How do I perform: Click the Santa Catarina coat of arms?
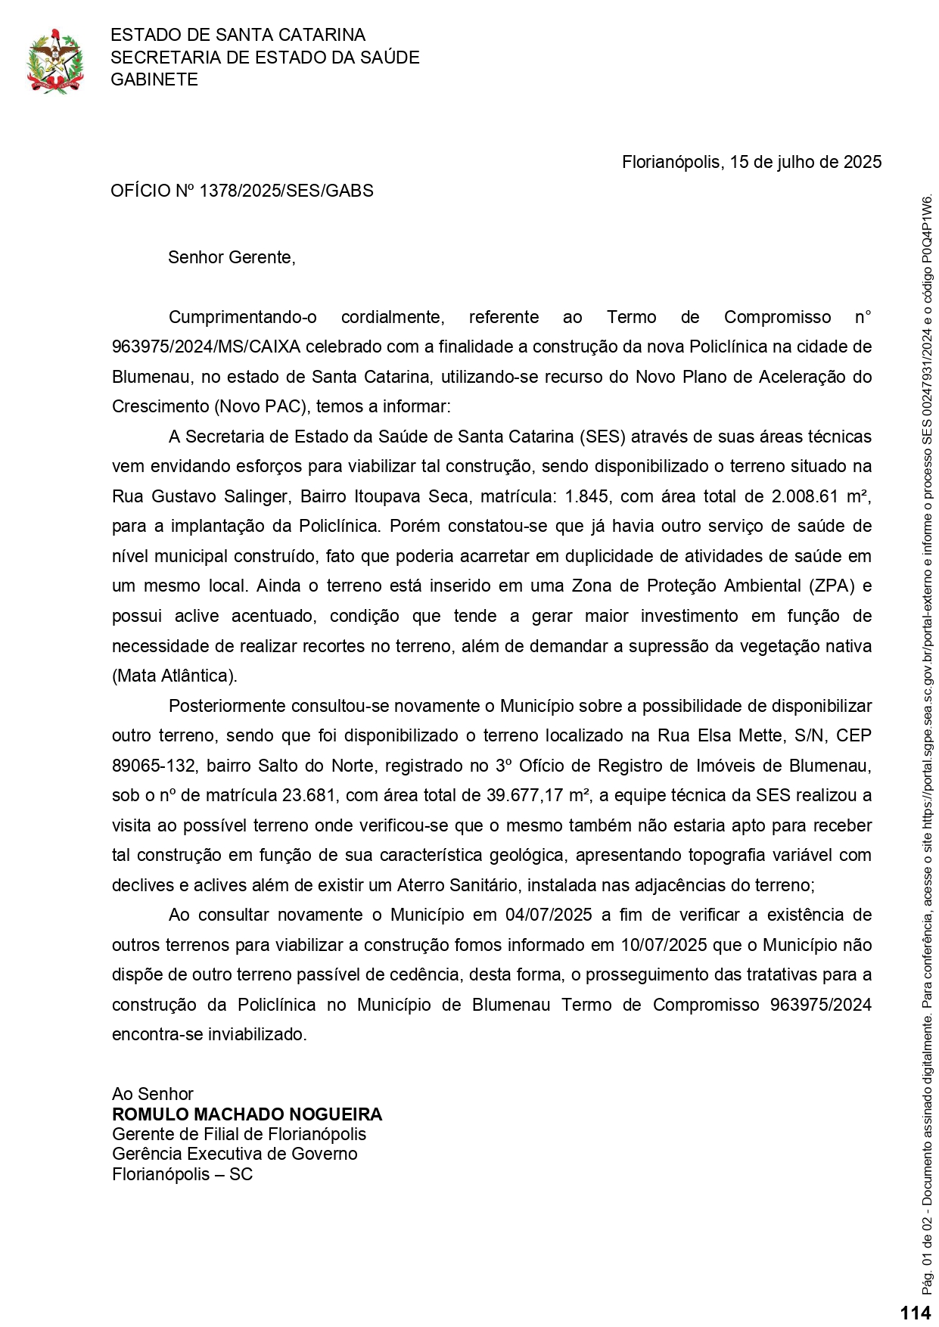[x=54, y=61]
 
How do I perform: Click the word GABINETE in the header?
[x=154, y=79]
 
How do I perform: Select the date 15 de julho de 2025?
[x=806, y=162]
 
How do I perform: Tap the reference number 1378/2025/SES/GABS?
[x=286, y=191]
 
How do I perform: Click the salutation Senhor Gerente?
[x=231, y=257]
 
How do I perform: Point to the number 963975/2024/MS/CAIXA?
[x=206, y=347]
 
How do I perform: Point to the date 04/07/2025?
[x=549, y=915]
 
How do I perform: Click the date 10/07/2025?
[x=664, y=945]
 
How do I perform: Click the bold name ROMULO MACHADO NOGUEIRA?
[x=247, y=1114]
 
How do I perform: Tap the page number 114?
[x=916, y=1313]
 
